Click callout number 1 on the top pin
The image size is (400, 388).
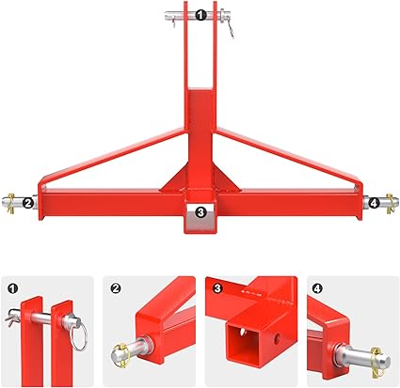tap(200, 15)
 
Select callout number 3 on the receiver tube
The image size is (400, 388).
tap(200, 212)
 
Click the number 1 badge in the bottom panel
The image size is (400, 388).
tap(12, 288)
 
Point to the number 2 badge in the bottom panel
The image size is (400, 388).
tap(116, 288)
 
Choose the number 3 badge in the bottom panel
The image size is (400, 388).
tap(217, 288)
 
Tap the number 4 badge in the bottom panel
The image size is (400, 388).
tap(318, 288)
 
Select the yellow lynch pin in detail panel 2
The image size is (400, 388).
tap(120, 355)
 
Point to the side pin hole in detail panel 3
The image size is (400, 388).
tap(277, 337)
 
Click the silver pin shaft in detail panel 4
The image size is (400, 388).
tap(360, 357)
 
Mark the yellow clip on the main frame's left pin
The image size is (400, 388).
tap(11, 203)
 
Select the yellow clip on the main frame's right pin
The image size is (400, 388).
tap(390, 204)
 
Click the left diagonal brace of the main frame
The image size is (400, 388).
tap(111, 157)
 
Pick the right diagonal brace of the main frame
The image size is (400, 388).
tap(289, 157)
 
